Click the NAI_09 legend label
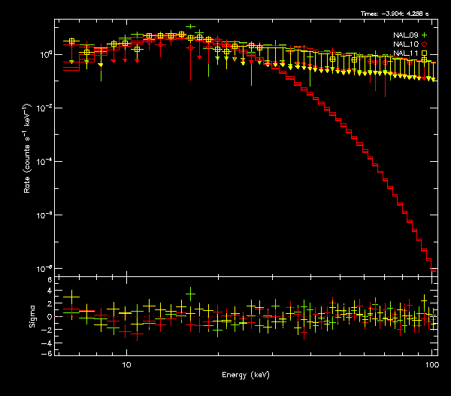(x=404, y=35)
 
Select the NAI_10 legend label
(x=404, y=44)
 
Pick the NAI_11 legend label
(x=404, y=53)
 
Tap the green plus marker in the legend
(x=424, y=35)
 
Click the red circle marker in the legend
(x=424, y=44)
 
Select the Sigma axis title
(x=31, y=316)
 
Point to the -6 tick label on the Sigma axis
(x=47, y=352)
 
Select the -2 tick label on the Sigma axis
(x=47, y=328)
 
